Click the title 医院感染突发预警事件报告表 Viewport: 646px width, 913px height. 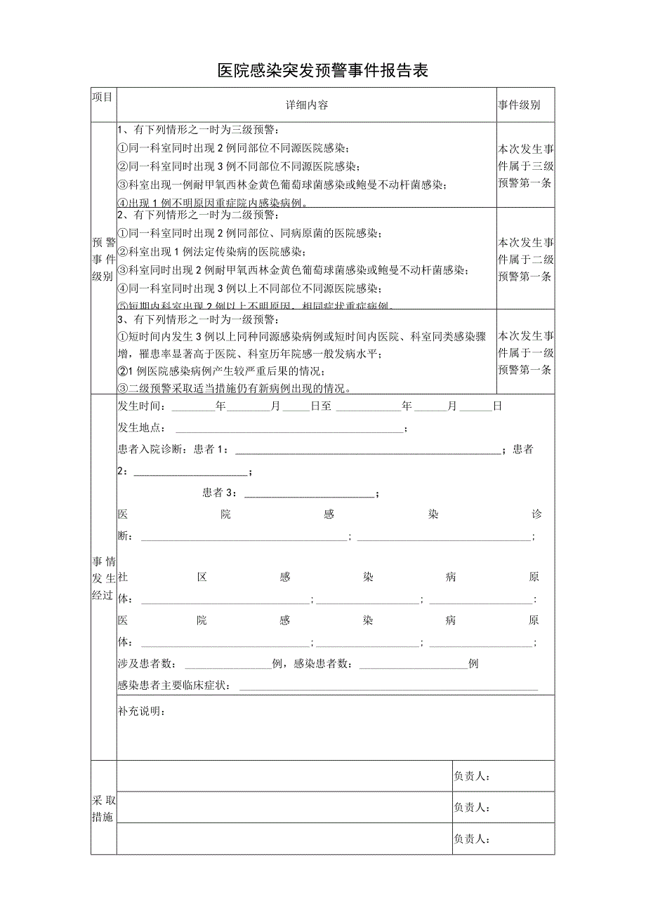point(322,71)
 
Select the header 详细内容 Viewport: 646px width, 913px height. point(306,105)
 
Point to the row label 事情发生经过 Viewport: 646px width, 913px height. point(103,578)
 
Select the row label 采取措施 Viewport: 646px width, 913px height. point(103,808)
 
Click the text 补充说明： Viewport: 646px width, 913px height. point(143,712)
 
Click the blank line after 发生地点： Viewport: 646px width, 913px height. point(289,428)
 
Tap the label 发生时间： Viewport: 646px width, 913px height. point(143,406)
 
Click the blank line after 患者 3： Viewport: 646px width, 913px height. point(309,493)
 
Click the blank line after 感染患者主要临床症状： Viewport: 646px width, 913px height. point(388,686)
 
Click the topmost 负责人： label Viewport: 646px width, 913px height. point(472,776)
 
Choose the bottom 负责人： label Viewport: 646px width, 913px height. point(472,839)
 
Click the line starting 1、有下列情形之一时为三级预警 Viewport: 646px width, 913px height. point(200,130)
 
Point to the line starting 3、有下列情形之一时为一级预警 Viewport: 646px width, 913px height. point(200,319)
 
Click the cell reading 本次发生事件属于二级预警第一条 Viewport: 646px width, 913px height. point(525,259)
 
